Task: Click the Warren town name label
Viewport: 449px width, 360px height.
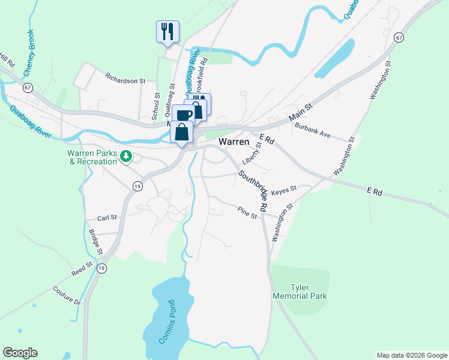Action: (235, 142)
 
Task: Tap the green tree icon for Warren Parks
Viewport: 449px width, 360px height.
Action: (125, 157)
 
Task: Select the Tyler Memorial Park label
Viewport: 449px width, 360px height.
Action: (300, 292)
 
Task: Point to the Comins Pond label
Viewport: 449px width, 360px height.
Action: (167, 322)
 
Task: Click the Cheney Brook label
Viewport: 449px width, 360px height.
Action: (29, 53)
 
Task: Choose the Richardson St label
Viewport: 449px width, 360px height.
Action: (125, 79)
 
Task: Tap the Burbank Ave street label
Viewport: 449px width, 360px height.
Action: (313, 130)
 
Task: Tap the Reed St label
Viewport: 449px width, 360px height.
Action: (82, 268)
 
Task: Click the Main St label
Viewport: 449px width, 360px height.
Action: (301, 110)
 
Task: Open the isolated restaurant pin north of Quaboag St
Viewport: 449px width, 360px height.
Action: (167, 31)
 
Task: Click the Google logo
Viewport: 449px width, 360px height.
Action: (20, 353)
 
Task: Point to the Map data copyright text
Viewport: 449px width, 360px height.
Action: (411, 355)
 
